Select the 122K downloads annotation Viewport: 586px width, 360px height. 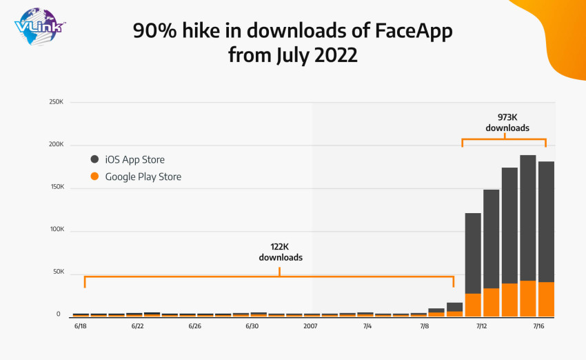(281, 252)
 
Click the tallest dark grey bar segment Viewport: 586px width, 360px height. (527, 217)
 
